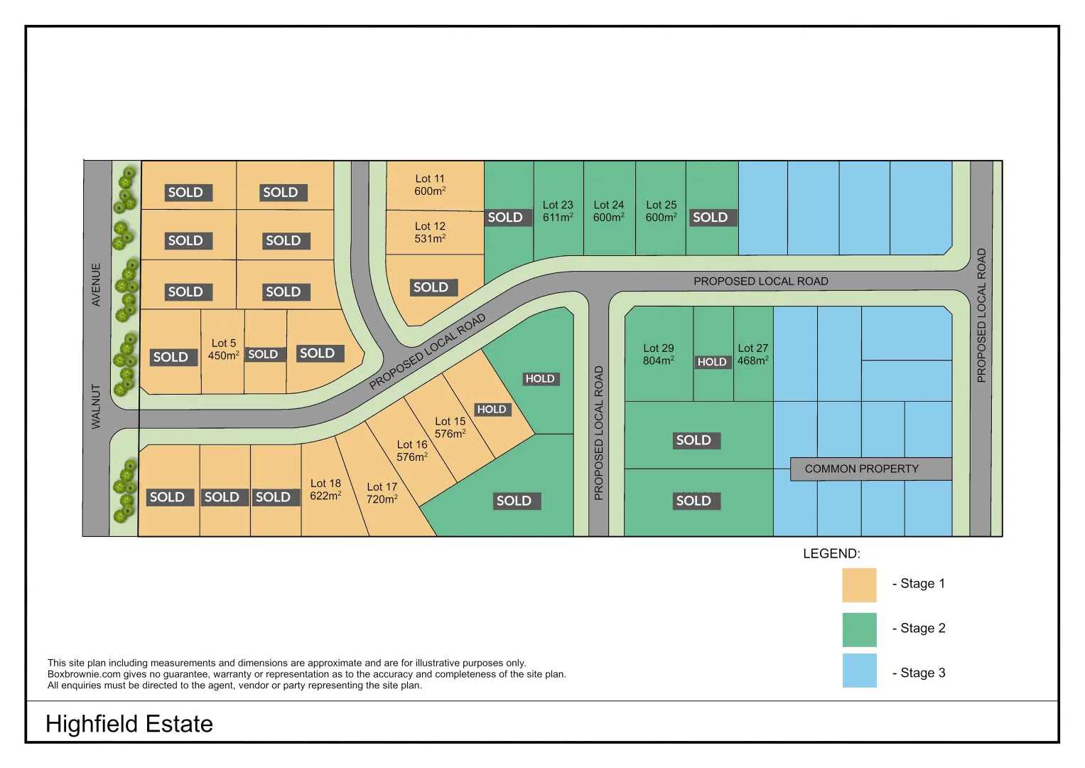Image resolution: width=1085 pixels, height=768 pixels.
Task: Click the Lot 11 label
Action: [x=430, y=185]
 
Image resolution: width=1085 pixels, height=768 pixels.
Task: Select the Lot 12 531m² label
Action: [x=430, y=233]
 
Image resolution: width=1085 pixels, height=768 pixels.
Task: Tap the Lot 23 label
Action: [x=558, y=211]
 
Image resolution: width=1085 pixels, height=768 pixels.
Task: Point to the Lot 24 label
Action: [x=609, y=211]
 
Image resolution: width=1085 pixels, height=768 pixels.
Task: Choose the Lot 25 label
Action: [x=661, y=211]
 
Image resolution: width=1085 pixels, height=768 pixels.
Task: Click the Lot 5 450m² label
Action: [x=223, y=349]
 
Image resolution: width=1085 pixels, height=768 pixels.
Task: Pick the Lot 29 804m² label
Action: [x=659, y=354]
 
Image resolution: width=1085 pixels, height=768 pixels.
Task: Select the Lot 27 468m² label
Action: [x=752, y=354]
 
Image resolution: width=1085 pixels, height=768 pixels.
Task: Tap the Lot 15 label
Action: [x=450, y=427]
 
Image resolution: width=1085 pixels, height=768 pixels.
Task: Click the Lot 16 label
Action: [x=412, y=451]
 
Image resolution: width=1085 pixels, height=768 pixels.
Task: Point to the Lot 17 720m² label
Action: [x=382, y=493]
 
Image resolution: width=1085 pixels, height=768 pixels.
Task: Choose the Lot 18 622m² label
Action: [x=325, y=489]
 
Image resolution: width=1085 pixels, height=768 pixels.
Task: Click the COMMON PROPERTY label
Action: [x=861, y=469]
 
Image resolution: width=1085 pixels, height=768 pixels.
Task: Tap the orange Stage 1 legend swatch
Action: [x=859, y=585]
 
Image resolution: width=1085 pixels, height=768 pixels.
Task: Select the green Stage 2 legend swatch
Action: [x=859, y=629]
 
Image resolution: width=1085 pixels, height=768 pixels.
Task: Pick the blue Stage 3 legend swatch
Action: [x=859, y=671]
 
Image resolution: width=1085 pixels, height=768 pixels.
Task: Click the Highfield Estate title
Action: [x=129, y=724]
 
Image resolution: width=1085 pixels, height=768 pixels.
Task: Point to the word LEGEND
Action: [x=831, y=554]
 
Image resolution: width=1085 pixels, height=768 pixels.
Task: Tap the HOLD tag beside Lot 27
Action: [x=712, y=362]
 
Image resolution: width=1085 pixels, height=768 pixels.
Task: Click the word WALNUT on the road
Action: [x=96, y=407]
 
